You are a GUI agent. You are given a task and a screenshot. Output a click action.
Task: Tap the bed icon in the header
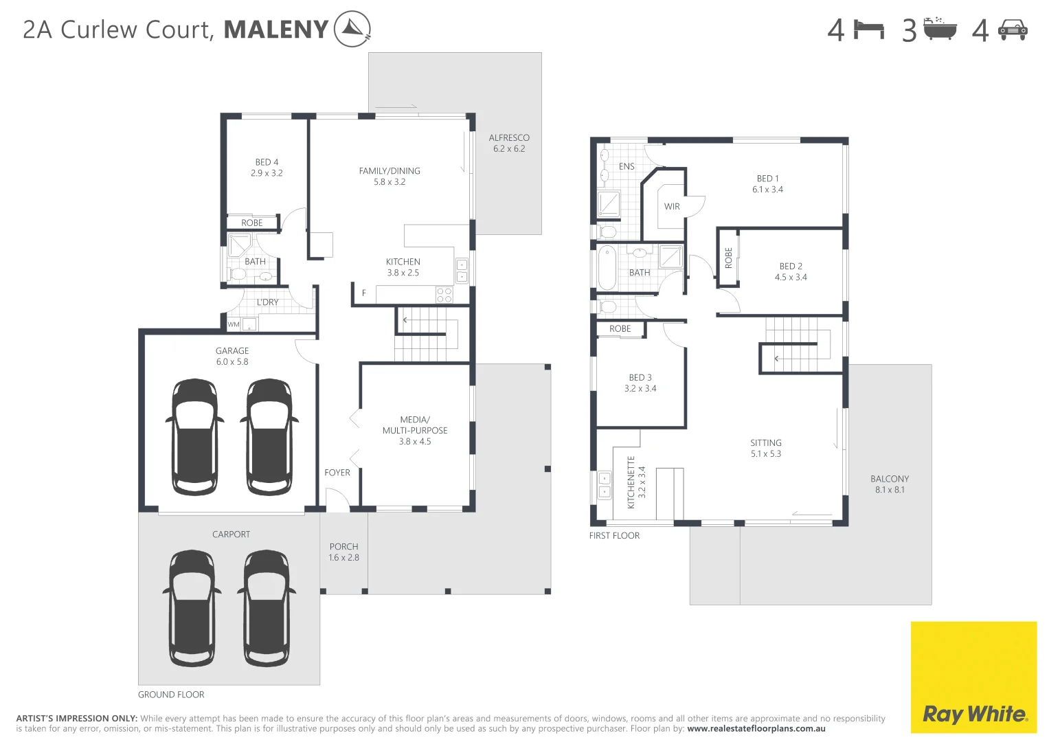[x=868, y=30]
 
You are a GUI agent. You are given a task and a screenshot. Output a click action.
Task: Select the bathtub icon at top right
[x=940, y=30]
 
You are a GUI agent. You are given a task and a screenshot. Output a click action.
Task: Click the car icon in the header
[x=1013, y=30]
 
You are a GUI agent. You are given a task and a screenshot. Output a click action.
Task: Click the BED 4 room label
[x=267, y=168]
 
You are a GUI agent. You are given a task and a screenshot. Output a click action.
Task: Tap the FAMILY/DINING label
[x=390, y=176]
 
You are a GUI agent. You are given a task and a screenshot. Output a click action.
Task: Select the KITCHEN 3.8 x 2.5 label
[x=403, y=267]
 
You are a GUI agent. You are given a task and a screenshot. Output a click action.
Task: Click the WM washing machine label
[x=234, y=324]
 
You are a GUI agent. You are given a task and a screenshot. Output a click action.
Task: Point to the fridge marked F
[x=364, y=293]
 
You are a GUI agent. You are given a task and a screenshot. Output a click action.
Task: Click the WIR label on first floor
[x=672, y=206]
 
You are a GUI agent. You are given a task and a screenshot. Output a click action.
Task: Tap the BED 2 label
[x=791, y=271]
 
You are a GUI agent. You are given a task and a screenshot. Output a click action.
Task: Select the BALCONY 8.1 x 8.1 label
[x=890, y=484]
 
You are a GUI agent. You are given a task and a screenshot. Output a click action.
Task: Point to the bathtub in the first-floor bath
[x=607, y=269]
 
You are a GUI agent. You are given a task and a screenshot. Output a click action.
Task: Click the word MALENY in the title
[x=276, y=30]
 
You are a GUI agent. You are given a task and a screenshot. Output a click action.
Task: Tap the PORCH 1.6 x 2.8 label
[x=343, y=552]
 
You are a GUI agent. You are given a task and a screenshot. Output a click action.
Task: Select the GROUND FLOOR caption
[x=171, y=695]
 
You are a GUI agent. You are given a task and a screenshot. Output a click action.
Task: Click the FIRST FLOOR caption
[x=614, y=536]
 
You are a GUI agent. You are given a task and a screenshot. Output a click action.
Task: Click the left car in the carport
[x=192, y=608]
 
